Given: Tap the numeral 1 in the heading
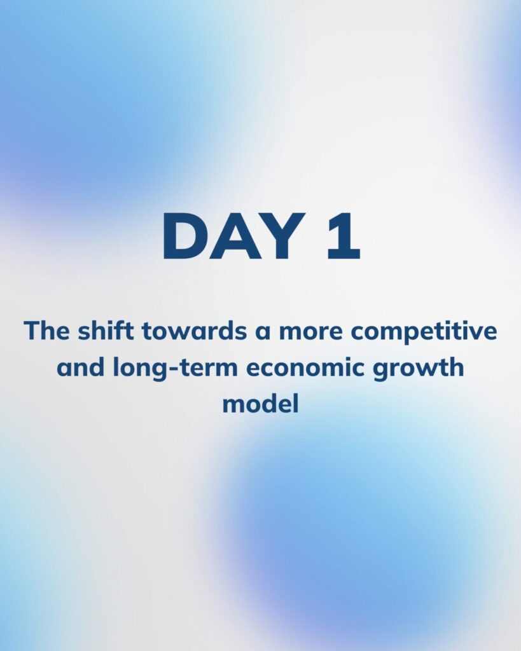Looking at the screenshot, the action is tap(343, 236).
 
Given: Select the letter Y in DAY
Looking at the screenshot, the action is tap(283, 236).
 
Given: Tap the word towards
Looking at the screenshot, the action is tap(195, 331).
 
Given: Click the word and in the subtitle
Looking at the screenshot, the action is tap(80, 368).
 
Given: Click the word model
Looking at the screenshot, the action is tap(261, 404).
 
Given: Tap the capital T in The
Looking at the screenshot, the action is tap(32, 331).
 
